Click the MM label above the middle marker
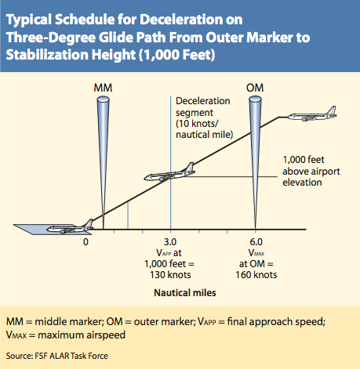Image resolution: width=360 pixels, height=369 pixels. [x=103, y=88]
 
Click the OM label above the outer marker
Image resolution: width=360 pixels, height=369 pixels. [x=255, y=88]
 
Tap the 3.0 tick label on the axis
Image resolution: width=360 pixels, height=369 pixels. [x=170, y=242]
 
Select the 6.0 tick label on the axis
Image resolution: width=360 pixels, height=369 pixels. [x=256, y=242]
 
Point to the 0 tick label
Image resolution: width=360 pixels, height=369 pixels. [x=85, y=242]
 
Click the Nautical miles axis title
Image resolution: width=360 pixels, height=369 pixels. [x=185, y=293]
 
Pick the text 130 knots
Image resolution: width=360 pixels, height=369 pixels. [x=170, y=275]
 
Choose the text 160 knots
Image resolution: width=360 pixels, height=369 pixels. [x=256, y=275]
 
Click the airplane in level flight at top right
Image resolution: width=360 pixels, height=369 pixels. [x=312, y=114]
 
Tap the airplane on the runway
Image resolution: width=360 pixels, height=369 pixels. [x=70, y=227]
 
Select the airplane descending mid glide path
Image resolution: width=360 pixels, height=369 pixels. [x=169, y=173]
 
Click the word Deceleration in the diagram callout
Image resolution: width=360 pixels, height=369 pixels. [x=203, y=101]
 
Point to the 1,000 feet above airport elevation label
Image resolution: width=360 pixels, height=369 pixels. [x=311, y=171]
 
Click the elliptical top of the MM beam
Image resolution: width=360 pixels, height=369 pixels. [x=103, y=99]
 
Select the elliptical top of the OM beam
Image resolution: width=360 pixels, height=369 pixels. [x=255, y=99]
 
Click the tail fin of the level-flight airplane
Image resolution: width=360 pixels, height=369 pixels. [x=331, y=110]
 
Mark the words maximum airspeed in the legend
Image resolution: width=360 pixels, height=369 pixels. [x=82, y=335]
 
